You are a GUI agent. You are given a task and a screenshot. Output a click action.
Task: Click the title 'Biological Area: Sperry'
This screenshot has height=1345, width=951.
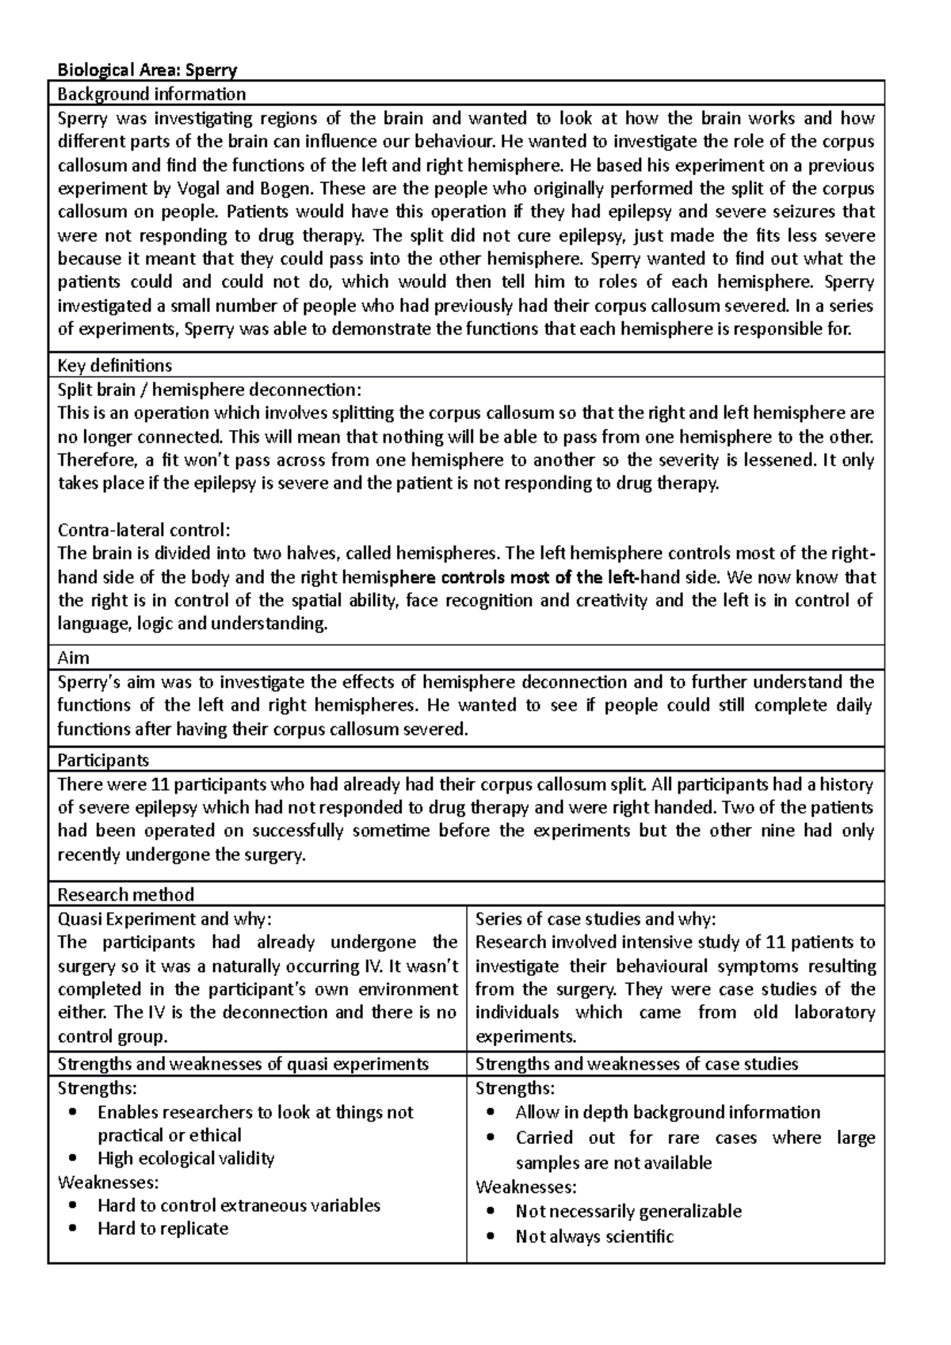click(x=147, y=70)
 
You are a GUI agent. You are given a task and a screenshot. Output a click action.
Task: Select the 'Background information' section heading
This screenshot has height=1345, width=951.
click(x=151, y=94)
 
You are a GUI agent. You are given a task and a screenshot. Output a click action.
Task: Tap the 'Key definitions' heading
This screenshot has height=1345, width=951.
click(x=115, y=365)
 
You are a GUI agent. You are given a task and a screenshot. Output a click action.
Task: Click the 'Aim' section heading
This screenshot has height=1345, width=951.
click(x=74, y=657)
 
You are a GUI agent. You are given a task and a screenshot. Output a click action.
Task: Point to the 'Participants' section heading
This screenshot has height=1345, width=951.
click(x=103, y=760)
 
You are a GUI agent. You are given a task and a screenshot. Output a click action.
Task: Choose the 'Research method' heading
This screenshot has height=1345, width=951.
click(x=125, y=895)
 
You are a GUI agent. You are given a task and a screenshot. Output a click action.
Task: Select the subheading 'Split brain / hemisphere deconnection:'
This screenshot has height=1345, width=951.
click(x=209, y=390)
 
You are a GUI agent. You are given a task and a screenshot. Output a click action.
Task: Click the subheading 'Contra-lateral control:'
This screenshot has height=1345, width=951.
click(x=143, y=530)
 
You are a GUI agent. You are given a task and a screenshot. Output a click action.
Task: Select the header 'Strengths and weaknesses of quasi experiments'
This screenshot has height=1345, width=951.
click(x=243, y=1064)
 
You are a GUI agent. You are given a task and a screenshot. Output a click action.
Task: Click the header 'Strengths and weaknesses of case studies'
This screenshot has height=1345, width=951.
click(x=636, y=1064)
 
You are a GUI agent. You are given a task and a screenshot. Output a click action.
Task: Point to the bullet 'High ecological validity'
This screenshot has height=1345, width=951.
click(x=185, y=1159)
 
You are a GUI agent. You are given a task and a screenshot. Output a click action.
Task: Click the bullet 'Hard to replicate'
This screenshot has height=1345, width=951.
click(x=162, y=1229)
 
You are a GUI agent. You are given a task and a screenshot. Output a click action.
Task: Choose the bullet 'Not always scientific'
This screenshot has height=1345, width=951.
click(x=594, y=1236)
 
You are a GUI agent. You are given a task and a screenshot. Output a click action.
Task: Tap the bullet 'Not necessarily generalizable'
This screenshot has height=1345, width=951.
click(x=628, y=1211)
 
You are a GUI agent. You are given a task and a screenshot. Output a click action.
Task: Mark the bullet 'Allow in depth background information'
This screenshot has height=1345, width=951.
click(x=667, y=1112)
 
